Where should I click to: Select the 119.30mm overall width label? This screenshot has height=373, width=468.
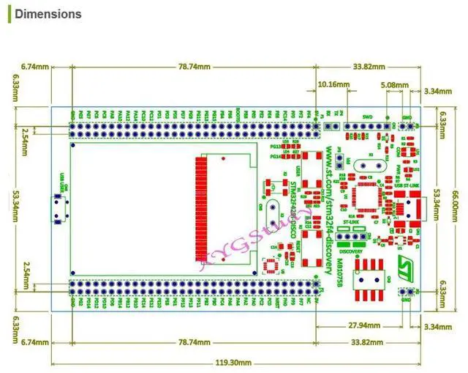pos(234,362)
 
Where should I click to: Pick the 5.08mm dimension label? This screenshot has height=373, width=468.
pos(396,84)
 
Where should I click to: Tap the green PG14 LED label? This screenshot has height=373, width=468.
pos(276,156)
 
